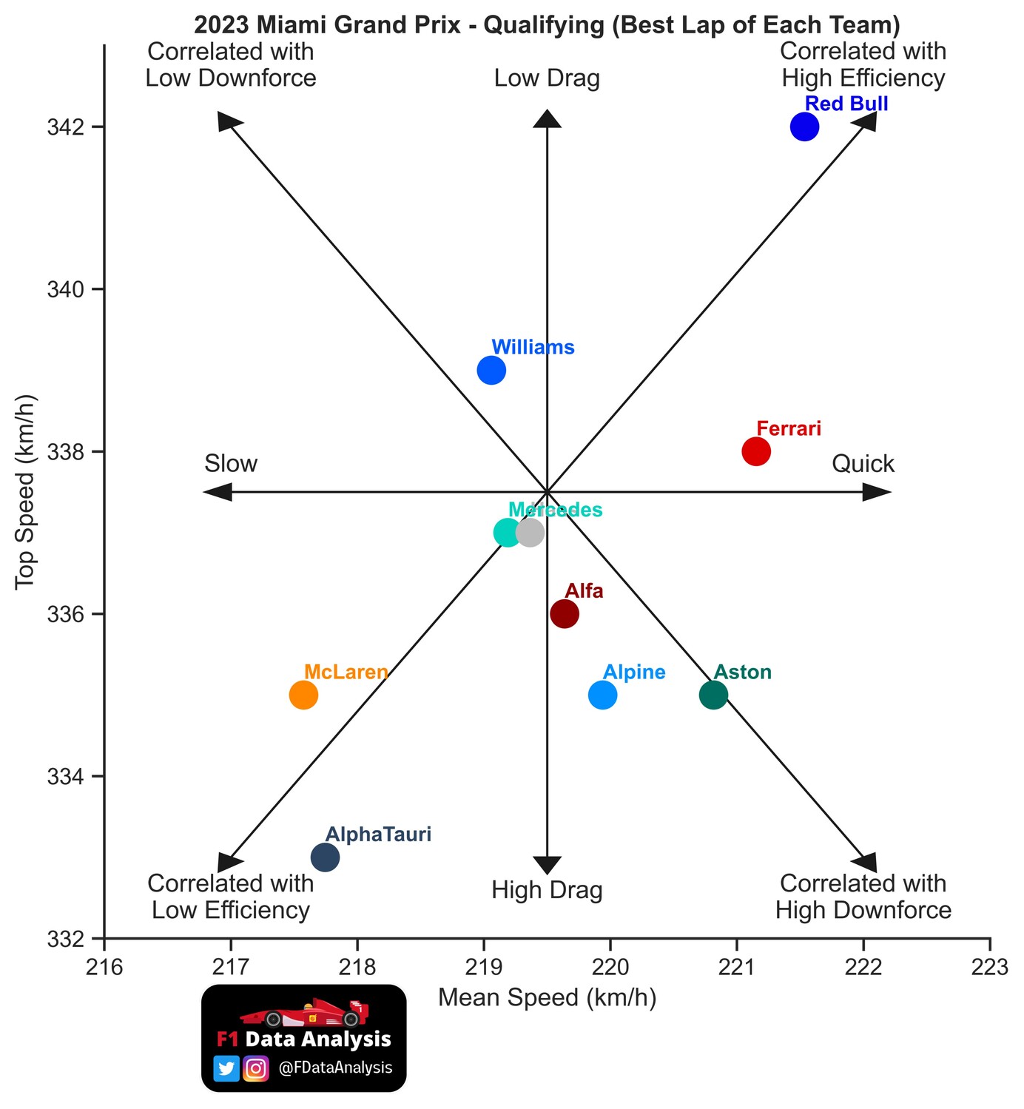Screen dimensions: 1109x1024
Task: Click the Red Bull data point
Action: tap(804, 127)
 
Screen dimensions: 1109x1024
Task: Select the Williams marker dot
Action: tap(491, 370)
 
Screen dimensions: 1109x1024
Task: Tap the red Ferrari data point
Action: tap(756, 451)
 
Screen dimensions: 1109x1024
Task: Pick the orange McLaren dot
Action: tap(303, 695)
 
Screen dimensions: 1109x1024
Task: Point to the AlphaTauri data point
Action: tap(325, 857)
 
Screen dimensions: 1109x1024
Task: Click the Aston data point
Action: tap(713, 695)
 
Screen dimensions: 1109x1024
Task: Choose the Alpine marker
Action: tap(603, 695)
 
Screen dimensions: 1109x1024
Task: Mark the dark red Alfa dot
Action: tap(565, 613)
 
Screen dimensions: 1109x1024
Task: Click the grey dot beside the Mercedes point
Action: tap(530, 532)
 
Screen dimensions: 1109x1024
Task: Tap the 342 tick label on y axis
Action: tap(65, 127)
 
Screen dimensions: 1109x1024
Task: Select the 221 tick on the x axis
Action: tap(737, 966)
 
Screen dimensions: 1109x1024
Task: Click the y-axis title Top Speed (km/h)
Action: tap(26, 492)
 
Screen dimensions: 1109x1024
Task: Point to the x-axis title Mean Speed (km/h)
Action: tap(547, 998)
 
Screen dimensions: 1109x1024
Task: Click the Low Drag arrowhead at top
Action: tap(547, 119)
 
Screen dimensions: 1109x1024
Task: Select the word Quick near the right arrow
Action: tap(863, 464)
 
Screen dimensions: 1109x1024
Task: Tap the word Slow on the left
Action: tap(231, 464)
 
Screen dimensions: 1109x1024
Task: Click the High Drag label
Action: tap(547, 890)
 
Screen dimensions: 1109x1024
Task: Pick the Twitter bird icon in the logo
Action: tap(226, 1068)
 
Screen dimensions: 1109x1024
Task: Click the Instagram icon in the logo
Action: tap(255, 1068)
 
